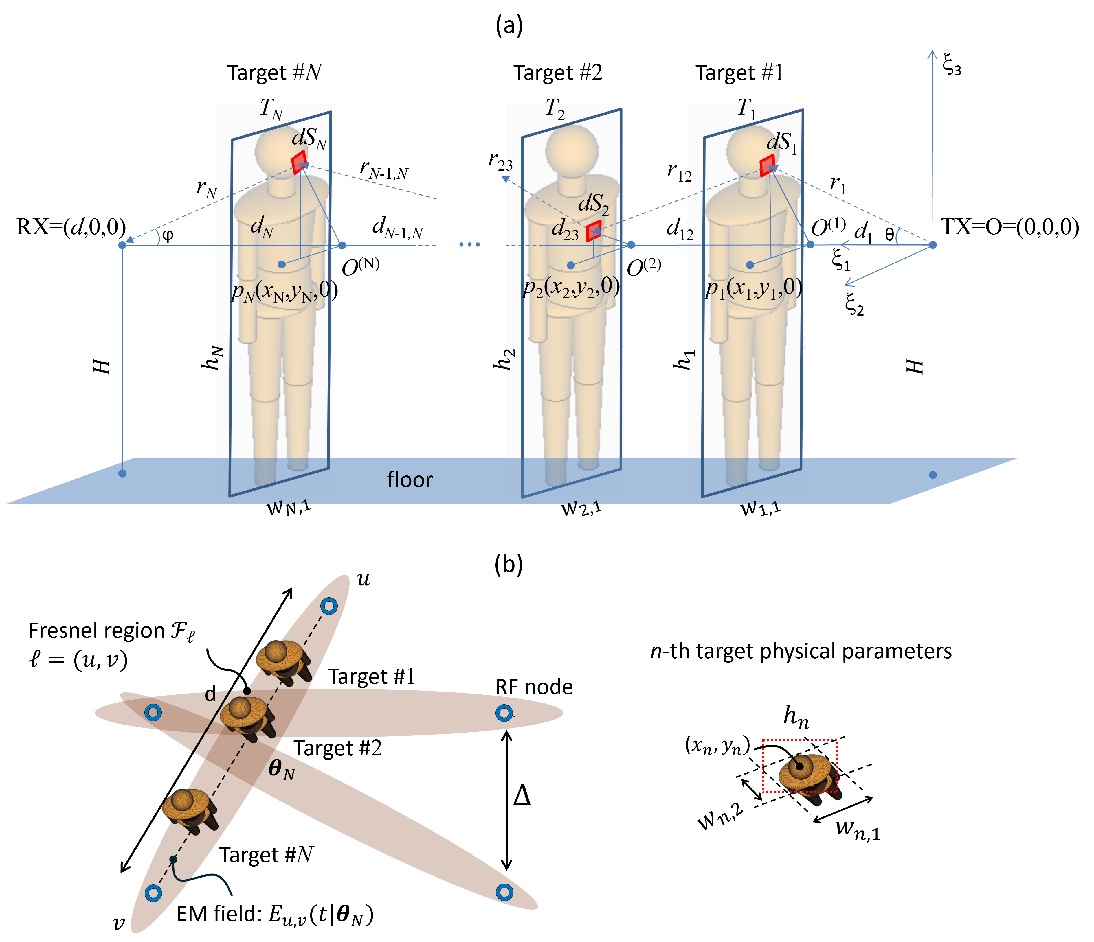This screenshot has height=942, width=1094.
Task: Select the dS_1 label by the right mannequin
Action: (x=781, y=143)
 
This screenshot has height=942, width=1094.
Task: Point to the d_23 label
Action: (x=565, y=230)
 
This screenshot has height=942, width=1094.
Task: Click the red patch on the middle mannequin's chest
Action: (x=594, y=231)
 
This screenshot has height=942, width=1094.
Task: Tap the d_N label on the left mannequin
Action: (x=262, y=227)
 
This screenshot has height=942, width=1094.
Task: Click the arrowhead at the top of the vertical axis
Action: (x=933, y=54)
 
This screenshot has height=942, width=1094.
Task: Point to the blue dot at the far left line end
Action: (x=122, y=245)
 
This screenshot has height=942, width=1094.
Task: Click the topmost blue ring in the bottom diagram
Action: (x=329, y=606)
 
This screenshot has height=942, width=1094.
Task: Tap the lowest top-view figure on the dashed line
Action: (x=188, y=809)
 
